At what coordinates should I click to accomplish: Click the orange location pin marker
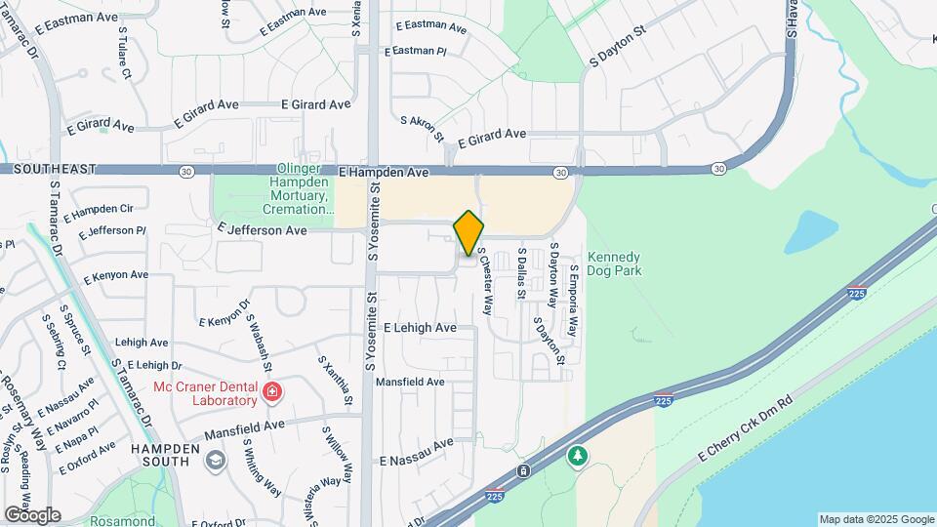(x=469, y=233)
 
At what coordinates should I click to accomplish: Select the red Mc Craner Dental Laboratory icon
(x=272, y=393)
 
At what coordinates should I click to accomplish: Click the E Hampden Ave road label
(x=385, y=172)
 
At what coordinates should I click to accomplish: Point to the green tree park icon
(x=578, y=456)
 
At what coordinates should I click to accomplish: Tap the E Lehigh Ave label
(x=420, y=328)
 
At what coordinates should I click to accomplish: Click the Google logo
(x=32, y=514)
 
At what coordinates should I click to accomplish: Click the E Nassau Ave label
(x=417, y=451)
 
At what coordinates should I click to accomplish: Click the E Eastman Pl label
(x=415, y=51)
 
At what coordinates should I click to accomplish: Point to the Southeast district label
(x=48, y=169)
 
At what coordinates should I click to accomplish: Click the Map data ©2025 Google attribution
(x=876, y=519)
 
